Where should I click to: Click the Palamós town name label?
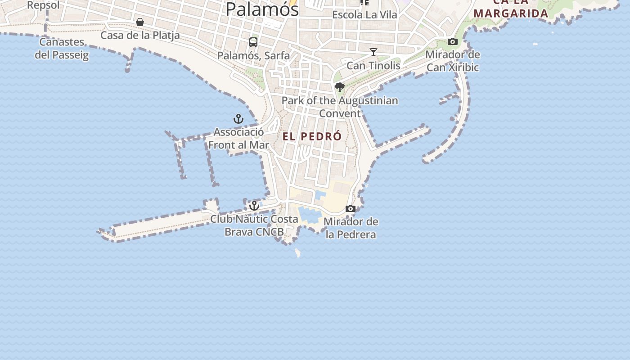pyautogui.click(x=262, y=9)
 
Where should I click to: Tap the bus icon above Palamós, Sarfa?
pyautogui.click(x=253, y=42)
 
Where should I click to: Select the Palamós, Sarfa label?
pyautogui.click(x=253, y=55)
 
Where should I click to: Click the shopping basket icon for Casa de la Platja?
pyautogui.click(x=140, y=22)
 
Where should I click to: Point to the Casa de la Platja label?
pyautogui.click(x=140, y=35)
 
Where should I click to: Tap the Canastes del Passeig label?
pyautogui.click(x=62, y=49)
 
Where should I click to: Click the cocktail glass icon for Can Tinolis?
pyautogui.click(x=373, y=52)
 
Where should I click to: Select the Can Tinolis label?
pyautogui.click(x=373, y=65)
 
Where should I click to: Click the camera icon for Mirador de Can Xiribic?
pyautogui.click(x=453, y=42)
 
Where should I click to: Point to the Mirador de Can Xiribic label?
pyautogui.click(x=453, y=61)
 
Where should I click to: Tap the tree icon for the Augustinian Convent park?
pyautogui.click(x=340, y=87)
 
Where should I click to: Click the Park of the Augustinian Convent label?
pyautogui.click(x=340, y=107)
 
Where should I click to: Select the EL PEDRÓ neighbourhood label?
pyautogui.click(x=312, y=136)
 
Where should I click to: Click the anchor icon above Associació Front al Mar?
pyautogui.click(x=238, y=119)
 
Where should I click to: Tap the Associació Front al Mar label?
pyautogui.click(x=238, y=139)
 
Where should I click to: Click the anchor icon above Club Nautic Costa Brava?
pyautogui.click(x=254, y=206)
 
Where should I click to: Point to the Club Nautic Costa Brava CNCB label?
pyautogui.click(x=254, y=225)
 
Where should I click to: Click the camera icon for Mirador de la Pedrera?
pyautogui.click(x=351, y=208)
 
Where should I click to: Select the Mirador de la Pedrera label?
pyautogui.click(x=351, y=228)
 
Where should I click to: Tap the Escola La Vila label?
pyautogui.click(x=364, y=14)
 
